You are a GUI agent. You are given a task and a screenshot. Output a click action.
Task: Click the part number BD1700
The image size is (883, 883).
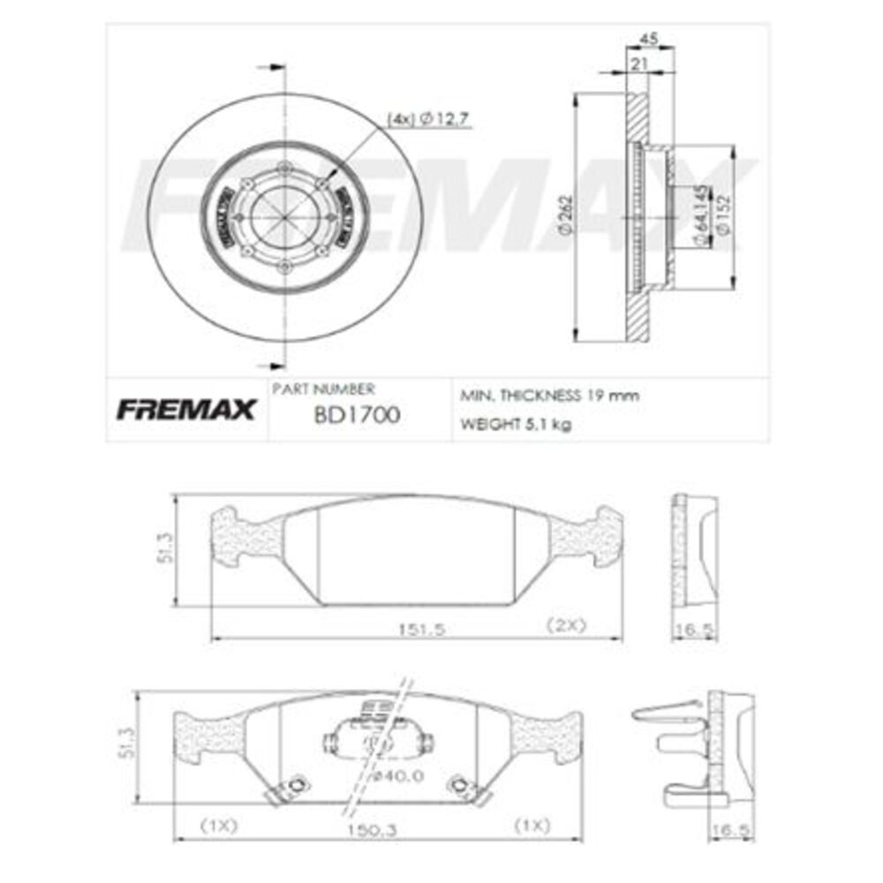tap(356, 414)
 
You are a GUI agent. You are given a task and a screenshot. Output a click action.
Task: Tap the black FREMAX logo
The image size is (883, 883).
tap(186, 410)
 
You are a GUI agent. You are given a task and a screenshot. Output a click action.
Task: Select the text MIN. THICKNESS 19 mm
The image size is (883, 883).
tap(548, 396)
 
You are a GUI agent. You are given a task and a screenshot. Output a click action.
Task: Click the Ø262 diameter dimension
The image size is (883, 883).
tap(566, 216)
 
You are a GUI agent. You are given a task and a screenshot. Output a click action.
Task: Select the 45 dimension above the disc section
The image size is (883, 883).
tap(648, 38)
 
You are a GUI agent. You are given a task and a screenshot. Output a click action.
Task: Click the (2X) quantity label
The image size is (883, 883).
tap(565, 625)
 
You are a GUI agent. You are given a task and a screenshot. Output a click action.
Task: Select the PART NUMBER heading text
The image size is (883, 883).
tap(323, 389)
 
